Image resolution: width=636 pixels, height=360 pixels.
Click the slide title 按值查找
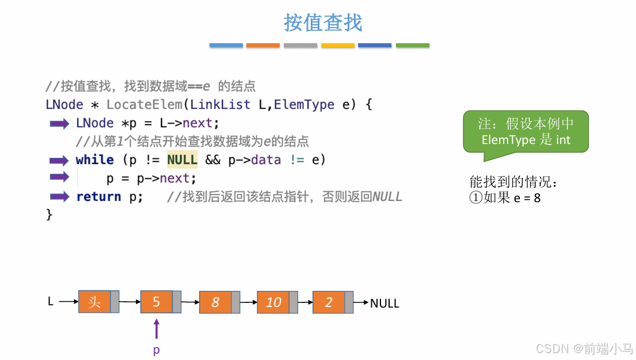click(x=323, y=23)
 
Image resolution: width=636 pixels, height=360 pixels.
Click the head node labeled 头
click(x=94, y=302)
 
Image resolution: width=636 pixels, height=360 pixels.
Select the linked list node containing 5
click(x=156, y=302)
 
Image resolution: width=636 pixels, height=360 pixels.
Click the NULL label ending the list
click(x=384, y=304)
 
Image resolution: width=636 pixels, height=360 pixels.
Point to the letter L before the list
click(x=51, y=301)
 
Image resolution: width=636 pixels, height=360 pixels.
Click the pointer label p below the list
click(x=156, y=350)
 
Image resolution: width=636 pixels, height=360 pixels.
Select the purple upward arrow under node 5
click(x=156, y=329)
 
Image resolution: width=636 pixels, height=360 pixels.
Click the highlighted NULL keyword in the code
click(x=182, y=160)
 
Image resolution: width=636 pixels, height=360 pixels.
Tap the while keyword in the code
click(x=94, y=160)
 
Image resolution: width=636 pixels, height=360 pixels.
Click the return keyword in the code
click(x=98, y=196)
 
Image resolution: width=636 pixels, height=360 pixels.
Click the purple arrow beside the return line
click(x=59, y=196)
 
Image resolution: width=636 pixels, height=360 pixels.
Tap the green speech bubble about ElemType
click(x=525, y=131)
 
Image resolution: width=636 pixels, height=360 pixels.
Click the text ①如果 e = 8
click(x=505, y=198)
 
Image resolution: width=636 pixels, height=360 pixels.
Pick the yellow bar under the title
click(x=337, y=45)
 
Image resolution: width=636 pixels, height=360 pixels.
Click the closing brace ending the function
click(x=49, y=214)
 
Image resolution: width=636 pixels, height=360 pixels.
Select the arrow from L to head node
click(x=68, y=301)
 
